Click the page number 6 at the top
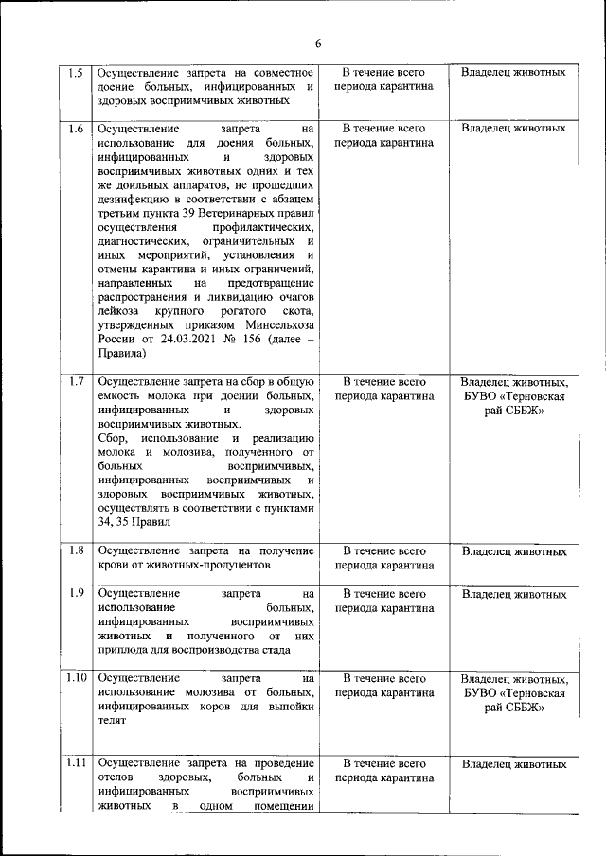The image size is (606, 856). pyautogui.click(x=318, y=44)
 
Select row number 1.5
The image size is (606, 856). pyautogui.click(x=76, y=72)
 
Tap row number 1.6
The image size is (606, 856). pyautogui.click(x=76, y=128)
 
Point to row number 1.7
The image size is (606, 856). pyautogui.click(x=76, y=382)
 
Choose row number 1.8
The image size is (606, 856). pyautogui.click(x=76, y=550)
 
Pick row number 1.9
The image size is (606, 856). pyautogui.click(x=76, y=593)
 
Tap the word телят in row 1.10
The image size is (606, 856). pyautogui.click(x=112, y=721)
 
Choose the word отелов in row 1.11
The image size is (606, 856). pyautogui.click(x=116, y=777)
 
